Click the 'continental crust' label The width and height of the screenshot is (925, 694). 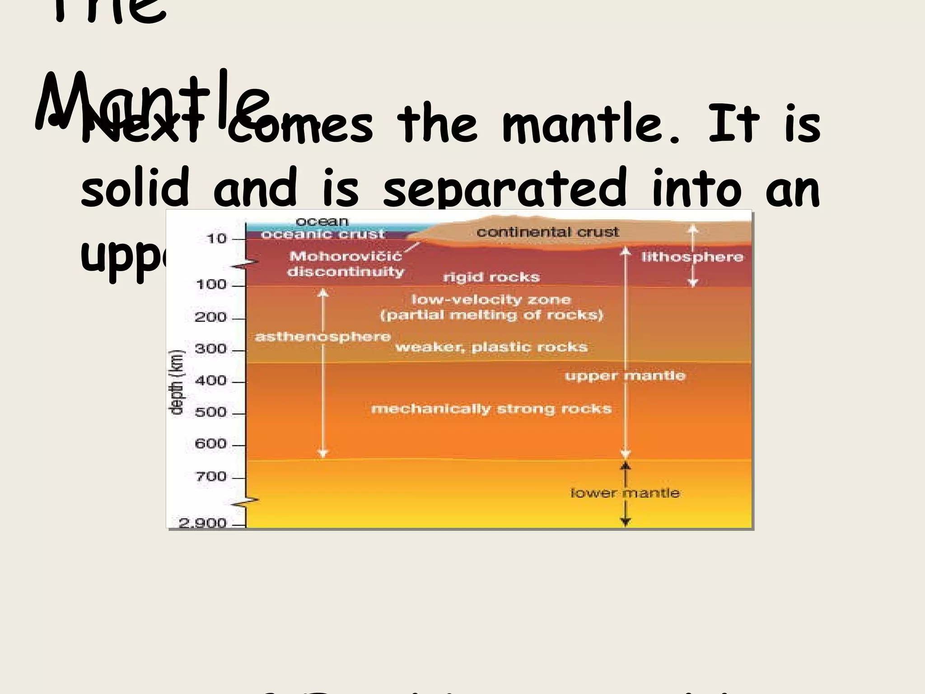547,232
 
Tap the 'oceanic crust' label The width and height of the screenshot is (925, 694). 322,234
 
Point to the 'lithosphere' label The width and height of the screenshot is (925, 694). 692,257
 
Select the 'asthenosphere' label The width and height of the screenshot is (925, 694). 322,337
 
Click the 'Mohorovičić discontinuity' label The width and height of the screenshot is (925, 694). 346,264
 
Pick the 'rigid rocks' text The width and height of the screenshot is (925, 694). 491,277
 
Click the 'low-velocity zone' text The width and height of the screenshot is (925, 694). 491,300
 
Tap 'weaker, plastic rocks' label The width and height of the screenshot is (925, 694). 491,347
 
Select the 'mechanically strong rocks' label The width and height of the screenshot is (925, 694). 491,409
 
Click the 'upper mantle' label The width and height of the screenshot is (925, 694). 625,376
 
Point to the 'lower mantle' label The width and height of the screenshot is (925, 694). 625,493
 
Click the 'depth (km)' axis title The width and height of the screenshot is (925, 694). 177,382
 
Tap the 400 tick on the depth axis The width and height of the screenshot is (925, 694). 210,381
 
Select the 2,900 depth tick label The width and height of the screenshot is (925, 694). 202,523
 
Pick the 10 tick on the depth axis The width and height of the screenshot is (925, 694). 216,239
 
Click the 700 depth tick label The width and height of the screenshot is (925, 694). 210,477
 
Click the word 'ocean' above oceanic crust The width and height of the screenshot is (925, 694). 322,222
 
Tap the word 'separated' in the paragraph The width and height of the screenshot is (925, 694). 505,188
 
